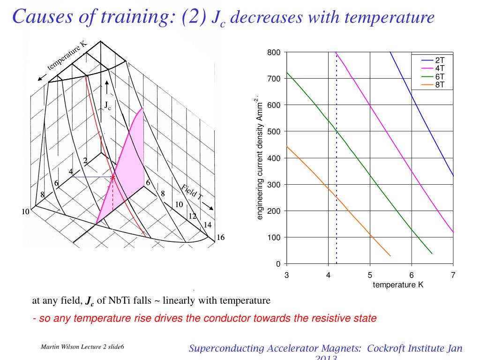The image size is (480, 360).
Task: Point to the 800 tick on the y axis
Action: [x=274, y=52]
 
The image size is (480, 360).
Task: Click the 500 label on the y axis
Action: [x=274, y=131]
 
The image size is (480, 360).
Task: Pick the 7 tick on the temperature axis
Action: [x=453, y=275]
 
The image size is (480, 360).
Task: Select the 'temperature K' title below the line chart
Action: [x=398, y=285]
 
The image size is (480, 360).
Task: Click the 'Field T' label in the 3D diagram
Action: [x=192, y=193]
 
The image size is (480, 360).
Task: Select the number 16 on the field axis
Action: [x=220, y=237]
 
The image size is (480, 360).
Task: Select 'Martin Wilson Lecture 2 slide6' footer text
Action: [x=82, y=347]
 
